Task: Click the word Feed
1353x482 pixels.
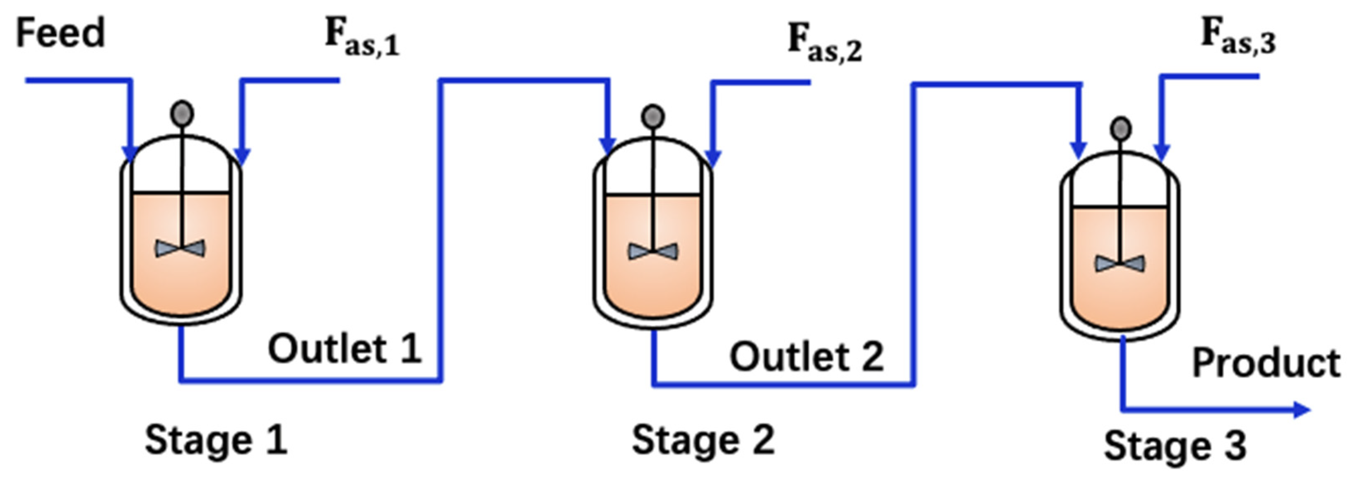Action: (60, 33)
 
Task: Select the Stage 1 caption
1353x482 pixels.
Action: (216, 440)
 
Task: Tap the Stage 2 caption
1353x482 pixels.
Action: (703, 440)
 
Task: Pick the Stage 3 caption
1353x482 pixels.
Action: (1175, 446)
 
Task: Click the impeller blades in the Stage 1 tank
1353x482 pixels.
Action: (180, 248)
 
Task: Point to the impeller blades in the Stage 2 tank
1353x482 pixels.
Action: (653, 252)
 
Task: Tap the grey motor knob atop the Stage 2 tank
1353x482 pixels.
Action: (653, 117)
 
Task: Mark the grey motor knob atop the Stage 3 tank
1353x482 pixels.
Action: (1121, 129)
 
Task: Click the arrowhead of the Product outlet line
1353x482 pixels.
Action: (1302, 410)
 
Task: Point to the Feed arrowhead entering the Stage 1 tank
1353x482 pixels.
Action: (129, 154)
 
